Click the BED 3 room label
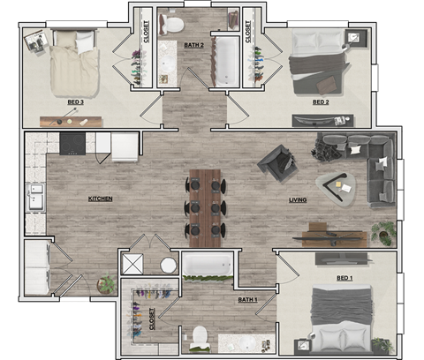click(x=75, y=102)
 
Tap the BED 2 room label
click(x=321, y=102)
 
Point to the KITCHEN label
click(x=100, y=199)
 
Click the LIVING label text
click(x=298, y=200)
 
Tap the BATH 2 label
click(x=193, y=45)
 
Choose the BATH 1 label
click(x=247, y=300)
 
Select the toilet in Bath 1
click(x=200, y=337)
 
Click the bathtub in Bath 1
click(x=207, y=264)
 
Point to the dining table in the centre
click(x=206, y=202)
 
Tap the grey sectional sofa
click(x=371, y=163)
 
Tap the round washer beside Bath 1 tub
click(x=169, y=264)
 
